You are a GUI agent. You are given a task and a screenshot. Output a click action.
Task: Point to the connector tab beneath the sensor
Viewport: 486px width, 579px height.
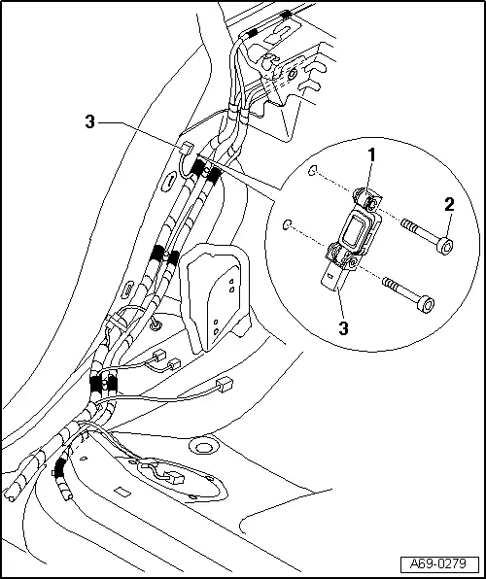(330, 283)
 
